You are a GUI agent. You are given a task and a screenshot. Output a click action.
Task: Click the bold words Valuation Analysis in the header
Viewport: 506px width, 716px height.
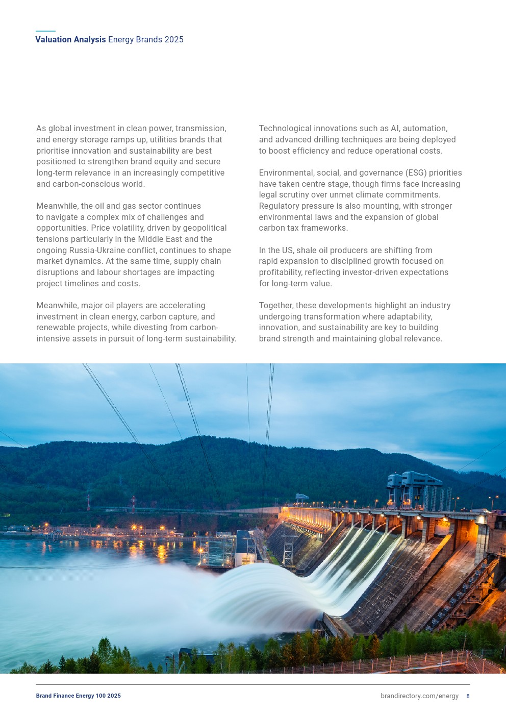[70, 40]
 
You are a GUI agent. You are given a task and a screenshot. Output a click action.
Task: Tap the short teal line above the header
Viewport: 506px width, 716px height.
[45, 31]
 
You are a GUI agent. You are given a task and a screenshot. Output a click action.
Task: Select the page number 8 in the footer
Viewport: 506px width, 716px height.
[468, 696]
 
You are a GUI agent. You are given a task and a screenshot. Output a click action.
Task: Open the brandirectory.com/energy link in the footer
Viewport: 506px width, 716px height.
[419, 696]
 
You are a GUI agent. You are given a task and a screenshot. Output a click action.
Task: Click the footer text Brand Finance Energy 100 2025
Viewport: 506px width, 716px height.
[79, 696]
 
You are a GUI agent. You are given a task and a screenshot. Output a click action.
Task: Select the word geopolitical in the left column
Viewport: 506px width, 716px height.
[201, 228]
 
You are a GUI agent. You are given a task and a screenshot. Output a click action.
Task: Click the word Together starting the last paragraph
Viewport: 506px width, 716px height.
[276, 306]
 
